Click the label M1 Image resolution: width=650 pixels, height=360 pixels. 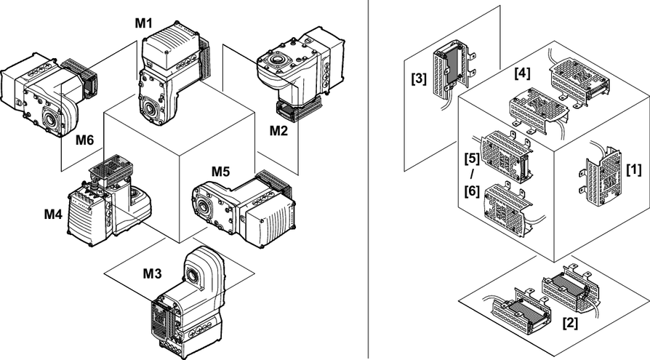(143, 23)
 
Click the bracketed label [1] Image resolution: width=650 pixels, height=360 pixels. (634, 169)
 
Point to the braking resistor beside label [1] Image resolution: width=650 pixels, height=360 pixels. (603, 178)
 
